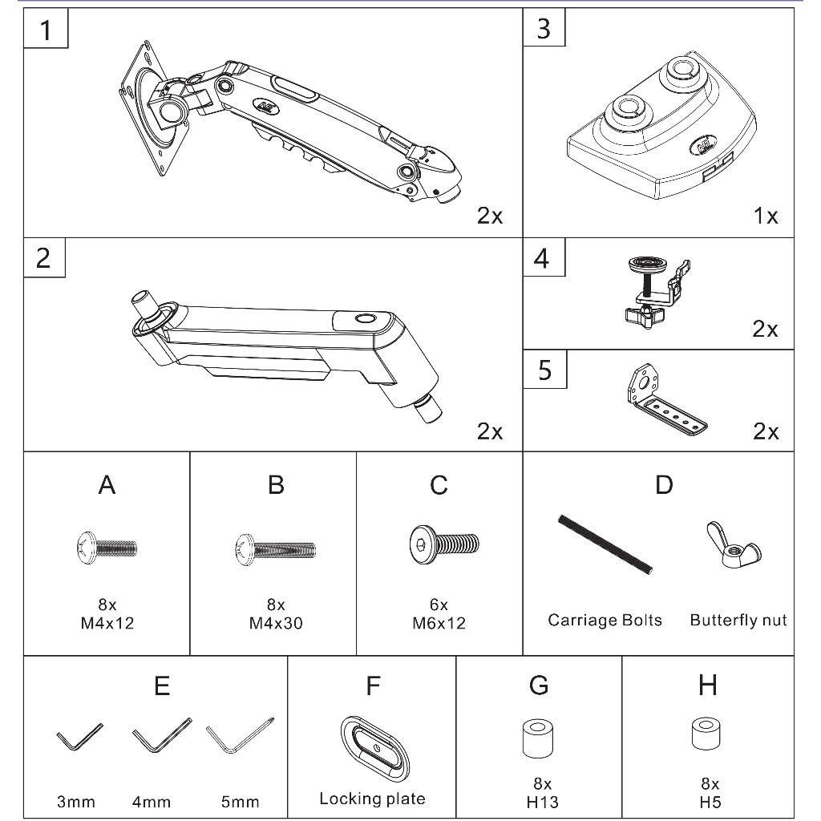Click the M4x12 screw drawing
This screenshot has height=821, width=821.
point(107,548)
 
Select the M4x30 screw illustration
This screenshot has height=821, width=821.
point(276,550)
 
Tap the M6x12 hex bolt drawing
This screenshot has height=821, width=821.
point(444,544)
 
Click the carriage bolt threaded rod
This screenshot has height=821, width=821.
point(605,544)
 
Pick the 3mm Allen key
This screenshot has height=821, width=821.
point(79,737)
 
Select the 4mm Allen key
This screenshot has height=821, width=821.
point(162,735)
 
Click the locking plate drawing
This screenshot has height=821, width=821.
point(374,749)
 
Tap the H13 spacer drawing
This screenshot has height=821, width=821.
point(538,738)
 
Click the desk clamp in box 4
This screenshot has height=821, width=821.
point(657,290)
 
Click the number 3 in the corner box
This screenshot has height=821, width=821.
point(544,29)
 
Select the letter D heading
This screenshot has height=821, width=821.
point(664,485)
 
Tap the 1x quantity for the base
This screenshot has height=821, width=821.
point(766,216)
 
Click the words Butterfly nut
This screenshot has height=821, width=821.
point(738,621)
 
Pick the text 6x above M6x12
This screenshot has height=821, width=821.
point(439,605)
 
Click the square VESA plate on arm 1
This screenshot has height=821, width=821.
point(146,108)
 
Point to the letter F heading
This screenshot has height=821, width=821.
point(373,686)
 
